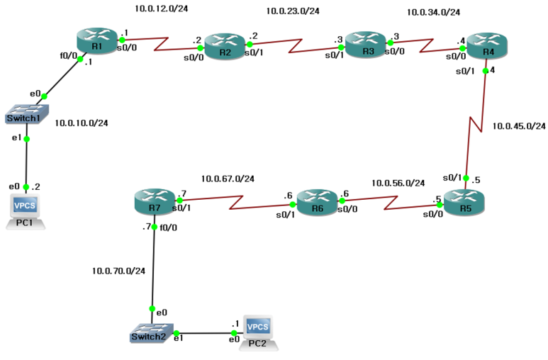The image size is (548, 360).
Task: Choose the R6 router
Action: point(317,200)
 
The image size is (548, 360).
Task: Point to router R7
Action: point(154,202)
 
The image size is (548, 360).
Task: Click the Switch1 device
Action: point(26,114)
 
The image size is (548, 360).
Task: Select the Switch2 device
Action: point(150,333)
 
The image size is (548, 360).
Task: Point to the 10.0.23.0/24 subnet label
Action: point(292,11)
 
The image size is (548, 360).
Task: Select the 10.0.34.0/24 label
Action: point(433,12)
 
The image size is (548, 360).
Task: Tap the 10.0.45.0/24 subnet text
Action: point(519,126)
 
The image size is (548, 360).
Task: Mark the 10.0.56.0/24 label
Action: point(398,183)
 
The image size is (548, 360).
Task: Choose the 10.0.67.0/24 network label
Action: point(228,179)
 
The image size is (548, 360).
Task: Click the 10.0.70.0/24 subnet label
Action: point(118,271)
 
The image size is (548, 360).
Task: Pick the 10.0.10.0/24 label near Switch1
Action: point(82,123)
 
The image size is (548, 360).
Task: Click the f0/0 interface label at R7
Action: point(168,228)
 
